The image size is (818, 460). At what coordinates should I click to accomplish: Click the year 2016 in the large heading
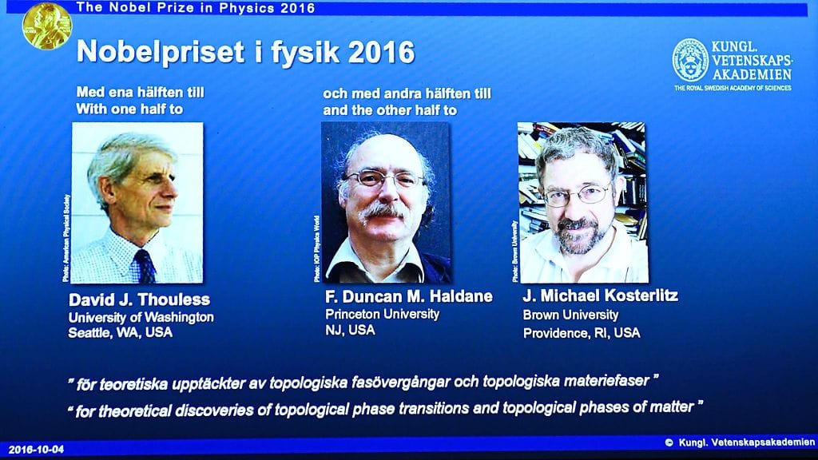pos(377,53)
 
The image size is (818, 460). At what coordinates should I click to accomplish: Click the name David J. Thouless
pos(140,299)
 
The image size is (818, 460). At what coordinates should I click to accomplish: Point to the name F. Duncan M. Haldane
pos(408,297)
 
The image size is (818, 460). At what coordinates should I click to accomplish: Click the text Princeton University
pos(382,314)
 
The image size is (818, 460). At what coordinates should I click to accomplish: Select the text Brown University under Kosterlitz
pos(570,315)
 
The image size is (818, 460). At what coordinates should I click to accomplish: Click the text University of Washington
pos(141,316)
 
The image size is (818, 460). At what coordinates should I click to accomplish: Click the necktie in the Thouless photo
pos(145,265)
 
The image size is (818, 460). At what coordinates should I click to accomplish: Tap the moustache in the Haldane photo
pos(384,212)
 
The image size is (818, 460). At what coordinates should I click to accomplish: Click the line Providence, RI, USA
pos(582,332)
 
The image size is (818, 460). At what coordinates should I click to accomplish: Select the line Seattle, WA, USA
pos(120,332)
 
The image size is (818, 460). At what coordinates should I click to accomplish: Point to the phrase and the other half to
pos(390,110)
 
